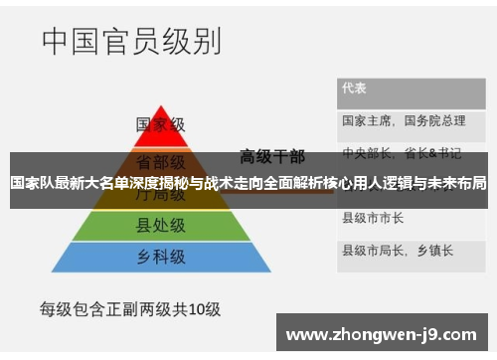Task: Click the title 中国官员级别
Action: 131,42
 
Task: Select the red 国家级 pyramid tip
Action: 161,126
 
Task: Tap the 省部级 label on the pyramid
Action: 161,162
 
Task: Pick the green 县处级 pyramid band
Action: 161,226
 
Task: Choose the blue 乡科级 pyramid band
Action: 161,257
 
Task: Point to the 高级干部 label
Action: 271,156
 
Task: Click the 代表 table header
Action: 354,88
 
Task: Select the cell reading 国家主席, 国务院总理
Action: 404,121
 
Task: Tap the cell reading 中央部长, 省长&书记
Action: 402,153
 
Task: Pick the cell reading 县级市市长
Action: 373,217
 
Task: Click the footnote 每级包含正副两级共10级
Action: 129,307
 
